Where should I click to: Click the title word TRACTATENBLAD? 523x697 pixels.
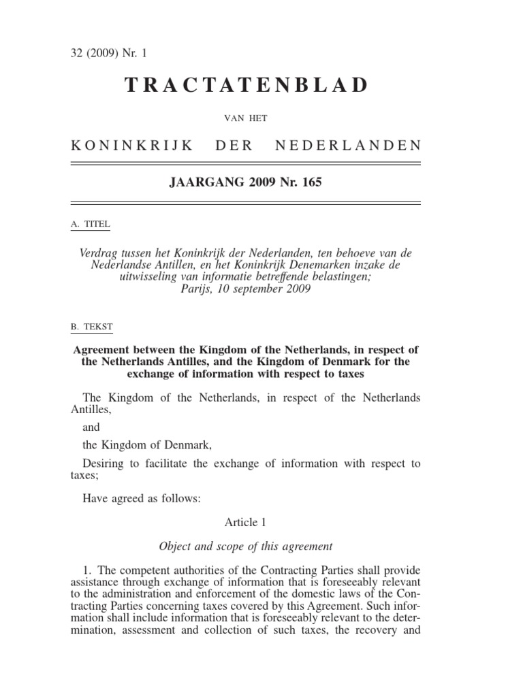(246, 85)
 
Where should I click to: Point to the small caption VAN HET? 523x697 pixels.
(245, 118)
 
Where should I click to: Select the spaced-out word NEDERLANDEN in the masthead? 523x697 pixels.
(347, 145)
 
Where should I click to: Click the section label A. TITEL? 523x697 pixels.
(89, 223)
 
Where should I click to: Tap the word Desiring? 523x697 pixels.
(104, 464)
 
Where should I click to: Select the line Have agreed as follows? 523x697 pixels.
(142, 499)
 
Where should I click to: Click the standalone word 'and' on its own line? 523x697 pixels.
(91, 427)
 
